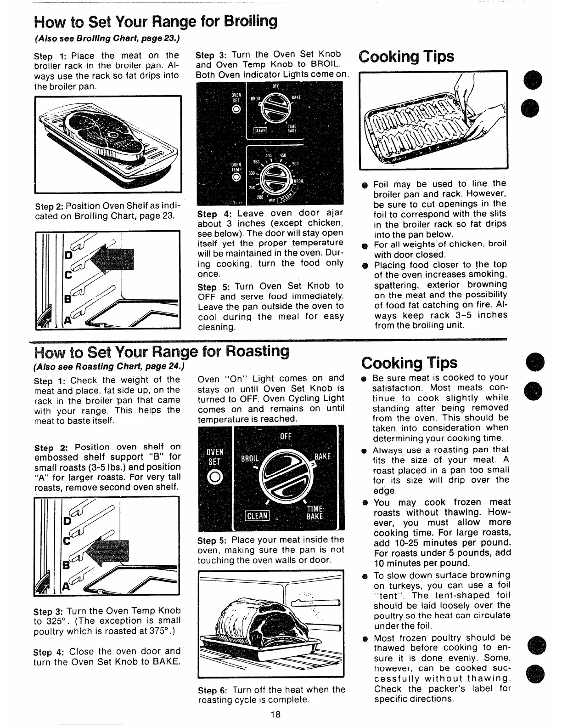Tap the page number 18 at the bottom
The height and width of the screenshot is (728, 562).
pyautogui.click(x=274, y=714)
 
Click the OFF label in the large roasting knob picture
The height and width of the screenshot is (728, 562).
pyautogui.click(x=286, y=436)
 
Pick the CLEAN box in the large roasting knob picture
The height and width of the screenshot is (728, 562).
pyautogui.click(x=257, y=516)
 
